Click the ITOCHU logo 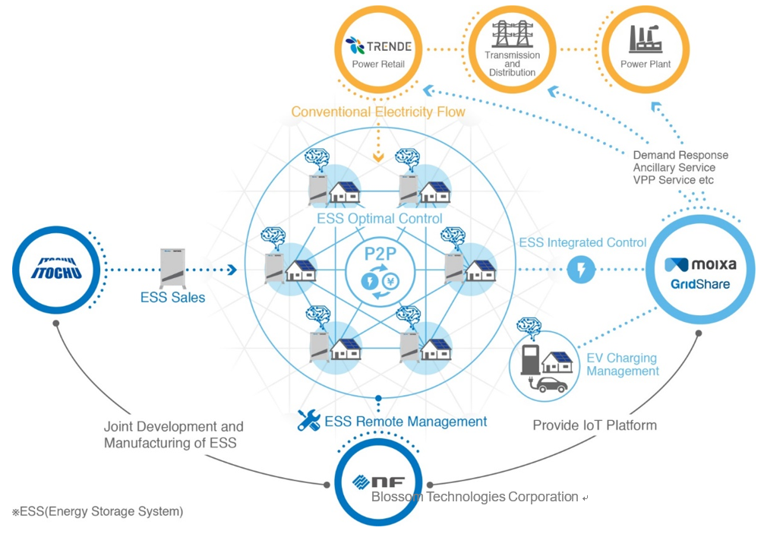point(56,268)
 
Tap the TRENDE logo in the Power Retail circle point(378,46)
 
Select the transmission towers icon point(512,33)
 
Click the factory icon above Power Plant point(645,39)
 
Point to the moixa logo point(700,264)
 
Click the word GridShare point(700,284)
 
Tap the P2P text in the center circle point(380,254)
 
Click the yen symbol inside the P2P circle point(390,280)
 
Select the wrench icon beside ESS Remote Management point(309,421)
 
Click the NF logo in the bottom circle point(379,482)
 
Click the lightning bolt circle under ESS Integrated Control point(581,269)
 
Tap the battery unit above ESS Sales point(172,268)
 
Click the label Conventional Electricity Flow point(378,112)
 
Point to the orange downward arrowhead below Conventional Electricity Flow point(379,157)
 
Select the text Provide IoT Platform point(595,425)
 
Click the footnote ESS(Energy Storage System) point(97,511)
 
